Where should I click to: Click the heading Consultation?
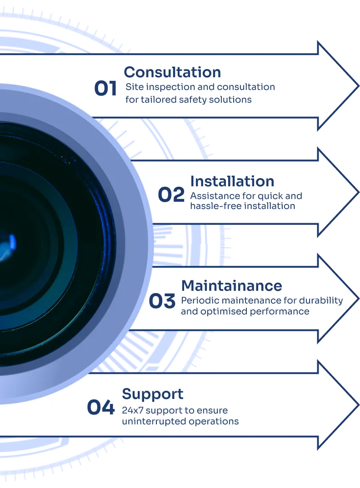coord(172,72)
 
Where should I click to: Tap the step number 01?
coord(105,89)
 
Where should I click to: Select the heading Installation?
coord(232,181)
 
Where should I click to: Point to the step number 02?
coord(171,195)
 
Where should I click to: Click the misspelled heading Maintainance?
coord(231,286)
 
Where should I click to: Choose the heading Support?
coord(153,394)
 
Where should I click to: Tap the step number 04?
coord(100,408)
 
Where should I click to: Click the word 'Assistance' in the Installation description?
coord(212,196)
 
